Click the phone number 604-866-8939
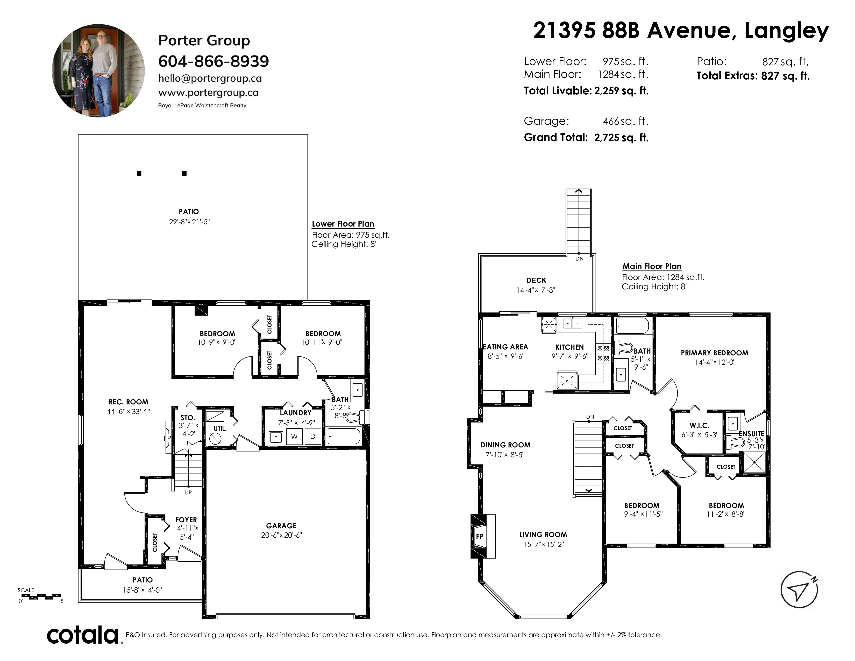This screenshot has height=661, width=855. tap(213, 61)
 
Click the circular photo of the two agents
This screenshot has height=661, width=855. tap(98, 71)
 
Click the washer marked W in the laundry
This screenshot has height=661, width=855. tap(294, 437)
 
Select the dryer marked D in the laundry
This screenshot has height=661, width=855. tap(312, 437)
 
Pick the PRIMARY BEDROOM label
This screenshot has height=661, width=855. tap(715, 353)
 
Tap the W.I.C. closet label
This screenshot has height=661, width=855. tap(699, 426)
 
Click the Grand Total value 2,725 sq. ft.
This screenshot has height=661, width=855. tap(621, 137)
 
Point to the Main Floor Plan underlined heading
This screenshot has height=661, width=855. tap(652, 266)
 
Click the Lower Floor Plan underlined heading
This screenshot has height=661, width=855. tap(343, 224)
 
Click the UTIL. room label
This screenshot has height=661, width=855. tap(220, 429)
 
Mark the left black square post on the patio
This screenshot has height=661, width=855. tap(139, 173)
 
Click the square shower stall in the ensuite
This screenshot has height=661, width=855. tap(754, 463)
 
